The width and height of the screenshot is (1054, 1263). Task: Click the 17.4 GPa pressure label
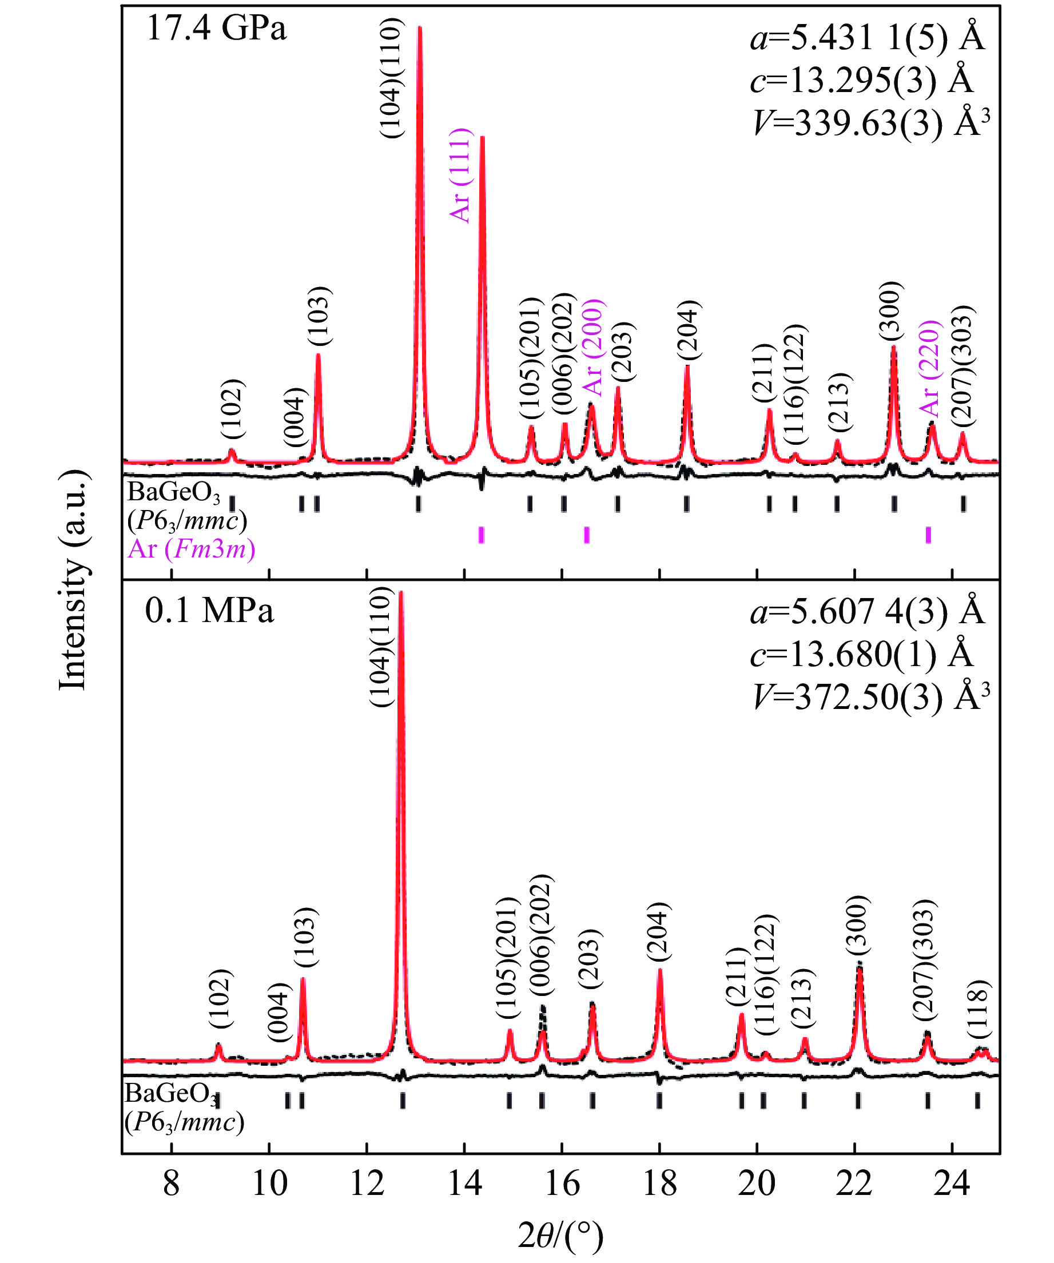pos(217,29)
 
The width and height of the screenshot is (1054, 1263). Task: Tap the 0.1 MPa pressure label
pos(209,611)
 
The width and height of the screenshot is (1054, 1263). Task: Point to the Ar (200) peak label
pos(593,348)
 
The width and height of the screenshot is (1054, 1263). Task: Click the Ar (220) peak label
pos(929,369)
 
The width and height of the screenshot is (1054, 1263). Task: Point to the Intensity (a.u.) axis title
pos(73,580)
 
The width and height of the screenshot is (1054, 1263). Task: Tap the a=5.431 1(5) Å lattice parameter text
pos(867,38)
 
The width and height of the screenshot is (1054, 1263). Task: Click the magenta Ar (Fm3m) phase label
pos(192,548)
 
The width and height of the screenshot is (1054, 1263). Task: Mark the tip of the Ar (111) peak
pos(482,138)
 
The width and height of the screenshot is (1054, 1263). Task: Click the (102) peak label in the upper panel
pos(232,409)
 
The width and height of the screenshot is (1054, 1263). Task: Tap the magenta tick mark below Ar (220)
pos(928,535)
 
